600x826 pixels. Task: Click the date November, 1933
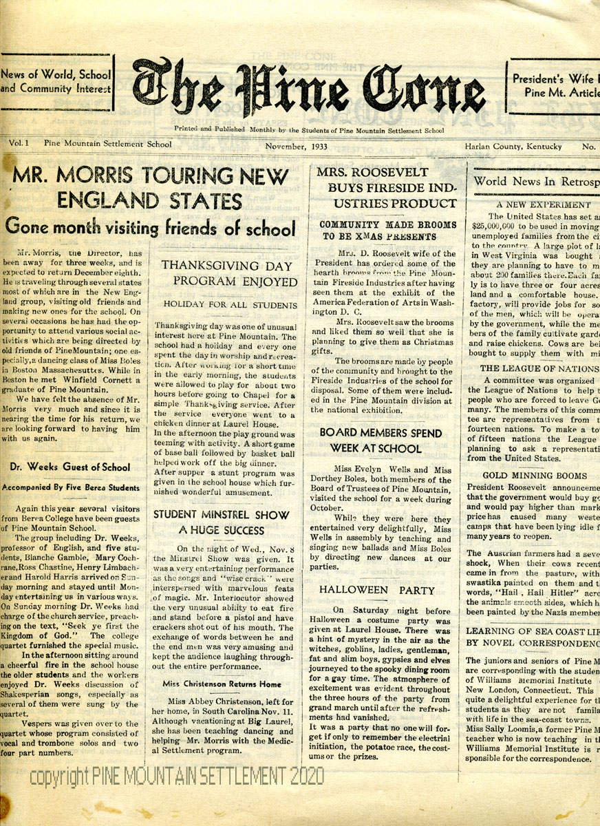point(297,147)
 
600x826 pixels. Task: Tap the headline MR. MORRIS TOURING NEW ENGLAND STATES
point(150,189)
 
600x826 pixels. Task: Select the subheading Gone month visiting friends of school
point(150,226)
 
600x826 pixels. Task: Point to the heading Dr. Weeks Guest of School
point(70,467)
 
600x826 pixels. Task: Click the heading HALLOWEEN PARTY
point(377,590)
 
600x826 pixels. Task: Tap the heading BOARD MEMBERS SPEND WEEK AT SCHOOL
point(381,441)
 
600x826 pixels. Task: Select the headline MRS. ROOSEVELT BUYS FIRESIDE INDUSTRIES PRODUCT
point(386,187)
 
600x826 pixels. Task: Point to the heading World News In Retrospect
point(537,181)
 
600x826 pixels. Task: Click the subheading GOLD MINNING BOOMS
point(534,476)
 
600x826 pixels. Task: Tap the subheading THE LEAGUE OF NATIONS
point(539,368)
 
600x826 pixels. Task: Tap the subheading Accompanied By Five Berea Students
point(71,487)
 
